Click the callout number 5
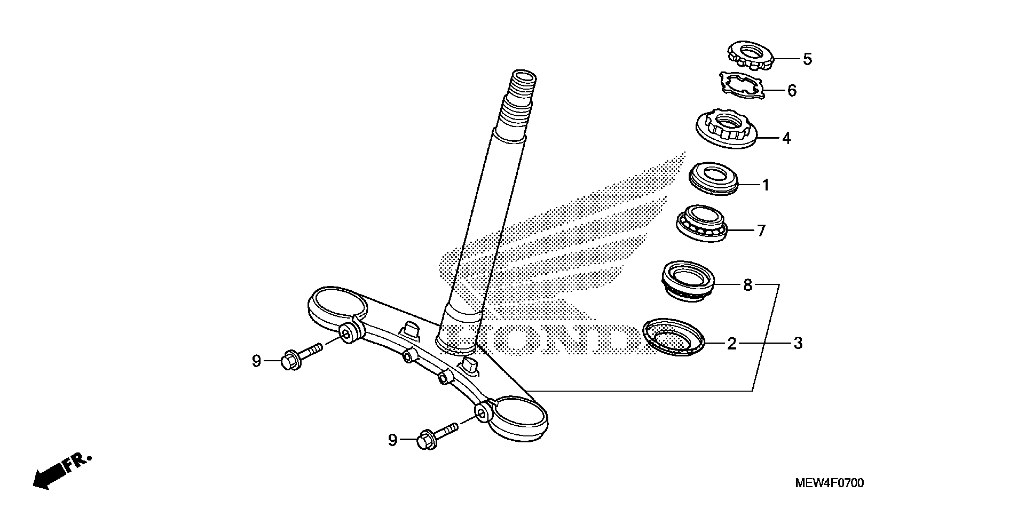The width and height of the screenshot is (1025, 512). [x=807, y=59]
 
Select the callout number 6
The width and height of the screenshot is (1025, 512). [x=792, y=91]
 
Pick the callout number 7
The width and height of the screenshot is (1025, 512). [x=761, y=231]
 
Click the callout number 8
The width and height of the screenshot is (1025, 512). [x=748, y=285]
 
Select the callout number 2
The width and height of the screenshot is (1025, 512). [x=732, y=344]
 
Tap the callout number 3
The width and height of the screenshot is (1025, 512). [x=798, y=343]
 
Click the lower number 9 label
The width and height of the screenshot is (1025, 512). [x=392, y=440]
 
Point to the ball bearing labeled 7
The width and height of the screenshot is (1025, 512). [x=702, y=223]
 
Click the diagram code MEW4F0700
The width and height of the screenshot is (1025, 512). [x=830, y=483]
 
